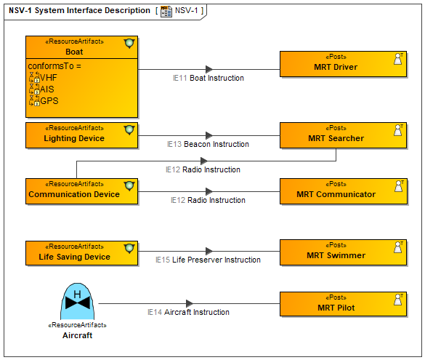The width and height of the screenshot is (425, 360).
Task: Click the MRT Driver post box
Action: tap(343, 64)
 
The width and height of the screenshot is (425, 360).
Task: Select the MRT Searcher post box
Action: tap(343, 135)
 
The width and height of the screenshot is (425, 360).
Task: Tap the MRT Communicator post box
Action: tap(343, 191)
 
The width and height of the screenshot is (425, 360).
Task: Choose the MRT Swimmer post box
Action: tap(343, 252)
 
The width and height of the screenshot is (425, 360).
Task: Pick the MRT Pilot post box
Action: tap(343, 304)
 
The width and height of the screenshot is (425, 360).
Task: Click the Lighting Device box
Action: tap(81, 135)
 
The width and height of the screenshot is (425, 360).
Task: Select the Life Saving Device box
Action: tap(81, 253)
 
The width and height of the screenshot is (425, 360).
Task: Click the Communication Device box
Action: tap(81, 191)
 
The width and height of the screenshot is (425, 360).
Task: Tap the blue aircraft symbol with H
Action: tap(77, 301)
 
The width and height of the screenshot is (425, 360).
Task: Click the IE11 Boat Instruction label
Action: tap(209, 78)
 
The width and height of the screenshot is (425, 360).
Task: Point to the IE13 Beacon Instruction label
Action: tap(208, 144)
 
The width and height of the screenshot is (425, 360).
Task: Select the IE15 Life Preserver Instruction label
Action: tap(208, 260)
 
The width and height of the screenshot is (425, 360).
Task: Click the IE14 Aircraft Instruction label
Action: tap(188, 312)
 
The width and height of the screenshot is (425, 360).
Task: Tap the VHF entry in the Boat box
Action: tap(44, 78)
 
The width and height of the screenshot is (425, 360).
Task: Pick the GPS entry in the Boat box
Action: tap(44, 100)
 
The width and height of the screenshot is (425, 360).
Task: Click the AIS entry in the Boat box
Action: tap(41, 89)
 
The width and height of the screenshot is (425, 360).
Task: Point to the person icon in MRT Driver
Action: tap(398, 59)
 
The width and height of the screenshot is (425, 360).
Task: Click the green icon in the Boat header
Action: tap(129, 44)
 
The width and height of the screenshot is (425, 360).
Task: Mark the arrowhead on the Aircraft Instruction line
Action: tap(190, 303)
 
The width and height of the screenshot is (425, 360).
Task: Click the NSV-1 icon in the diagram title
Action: tap(166, 12)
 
